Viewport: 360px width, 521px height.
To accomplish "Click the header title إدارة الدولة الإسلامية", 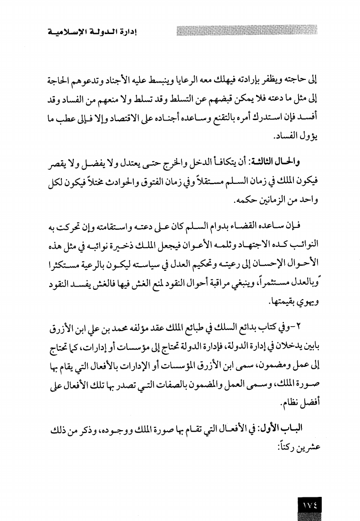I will (90, 33).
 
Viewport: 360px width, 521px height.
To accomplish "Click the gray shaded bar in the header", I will (246, 33).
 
